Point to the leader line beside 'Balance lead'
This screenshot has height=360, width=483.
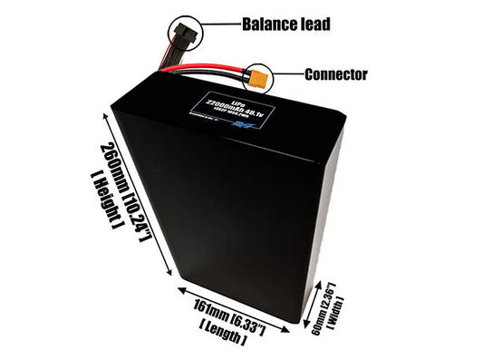[x=219, y=24]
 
